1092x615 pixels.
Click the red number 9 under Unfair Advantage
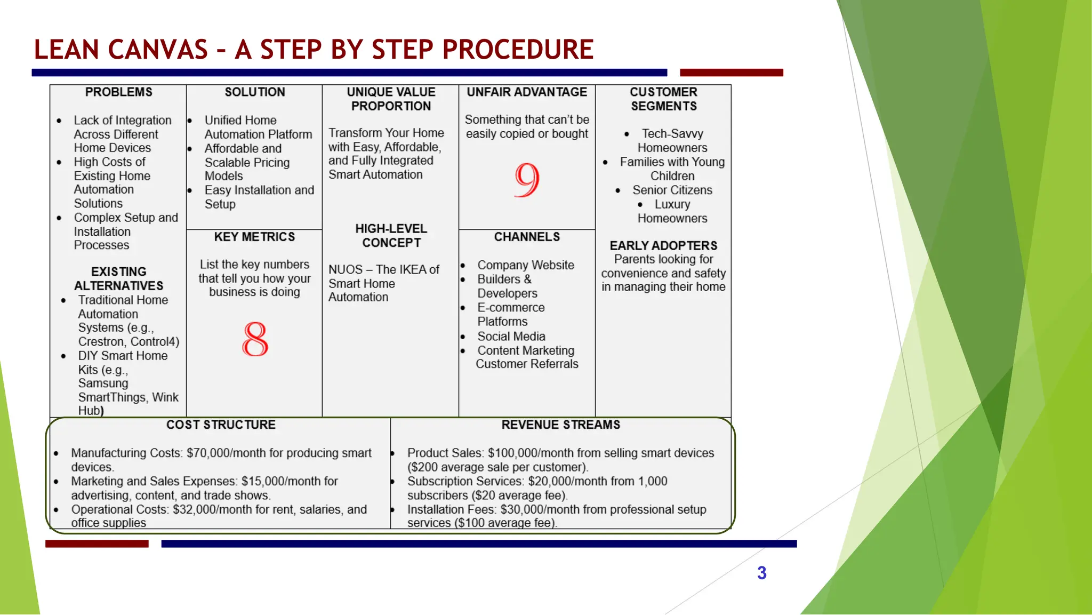[x=527, y=180]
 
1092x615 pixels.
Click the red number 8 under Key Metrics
[x=255, y=339]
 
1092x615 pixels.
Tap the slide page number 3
[x=761, y=573]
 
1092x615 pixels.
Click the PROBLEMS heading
[x=118, y=92]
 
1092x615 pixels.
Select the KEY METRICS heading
[x=254, y=237]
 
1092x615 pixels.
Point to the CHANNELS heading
[x=527, y=237]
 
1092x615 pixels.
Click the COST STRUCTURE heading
[x=221, y=425]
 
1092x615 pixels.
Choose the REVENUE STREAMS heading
[x=560, y=425]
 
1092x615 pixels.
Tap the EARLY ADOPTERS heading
[x=663, y=245]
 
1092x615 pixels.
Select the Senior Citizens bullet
[x=672, y=190]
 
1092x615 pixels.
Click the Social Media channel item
[x=511, y=336]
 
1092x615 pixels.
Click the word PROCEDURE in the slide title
[x=518, y=50]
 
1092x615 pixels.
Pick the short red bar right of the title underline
[x=731, y=73]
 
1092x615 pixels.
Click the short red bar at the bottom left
[x=97, y=544]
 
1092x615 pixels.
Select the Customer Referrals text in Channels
[x=527, y=364]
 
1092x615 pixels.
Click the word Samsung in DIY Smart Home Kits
[x=103, y=383]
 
